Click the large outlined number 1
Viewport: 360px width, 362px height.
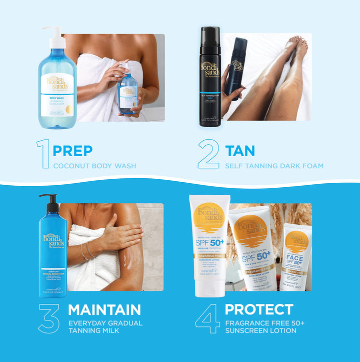point(43,154)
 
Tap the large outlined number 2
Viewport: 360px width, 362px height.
point(208,154)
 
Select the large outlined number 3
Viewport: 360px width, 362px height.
point(48,318)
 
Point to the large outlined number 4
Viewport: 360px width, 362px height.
point(207,318)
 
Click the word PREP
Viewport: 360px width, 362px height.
point(72,150)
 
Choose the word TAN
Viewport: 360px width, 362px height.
point(240,150)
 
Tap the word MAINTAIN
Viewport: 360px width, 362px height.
point(104,309)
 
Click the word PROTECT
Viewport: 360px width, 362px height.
point(258,309)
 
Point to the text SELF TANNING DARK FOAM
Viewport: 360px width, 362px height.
point(274,166)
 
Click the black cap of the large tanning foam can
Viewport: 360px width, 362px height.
point(210,43)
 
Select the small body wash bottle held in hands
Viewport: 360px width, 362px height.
point(127,93)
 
